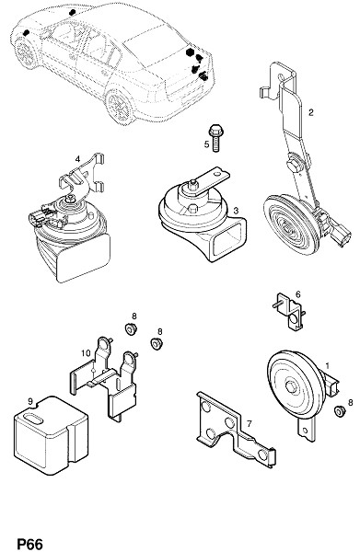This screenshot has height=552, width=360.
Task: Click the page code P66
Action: (30, 544)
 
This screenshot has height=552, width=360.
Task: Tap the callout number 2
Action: (310, 112)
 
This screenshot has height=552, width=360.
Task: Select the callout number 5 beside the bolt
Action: (206, 144)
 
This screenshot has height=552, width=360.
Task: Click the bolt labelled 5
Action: (215, 138)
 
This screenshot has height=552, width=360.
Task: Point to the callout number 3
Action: (236, 211)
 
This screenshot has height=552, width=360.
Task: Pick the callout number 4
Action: (77, 159)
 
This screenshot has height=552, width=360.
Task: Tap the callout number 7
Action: (249, 423)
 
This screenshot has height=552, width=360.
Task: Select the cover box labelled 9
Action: (51, 435)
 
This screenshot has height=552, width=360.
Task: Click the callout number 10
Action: (86, 352)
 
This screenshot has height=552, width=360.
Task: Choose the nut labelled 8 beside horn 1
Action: (339, 411)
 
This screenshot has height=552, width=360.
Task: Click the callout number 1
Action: (327, 366)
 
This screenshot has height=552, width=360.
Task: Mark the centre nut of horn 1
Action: (291, 386)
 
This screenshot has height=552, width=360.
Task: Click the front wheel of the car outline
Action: (26, 52)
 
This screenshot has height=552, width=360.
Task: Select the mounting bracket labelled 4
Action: (83, 178)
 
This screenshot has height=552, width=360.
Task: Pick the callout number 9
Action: (30, 401)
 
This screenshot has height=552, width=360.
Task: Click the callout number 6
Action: (298, 294)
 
